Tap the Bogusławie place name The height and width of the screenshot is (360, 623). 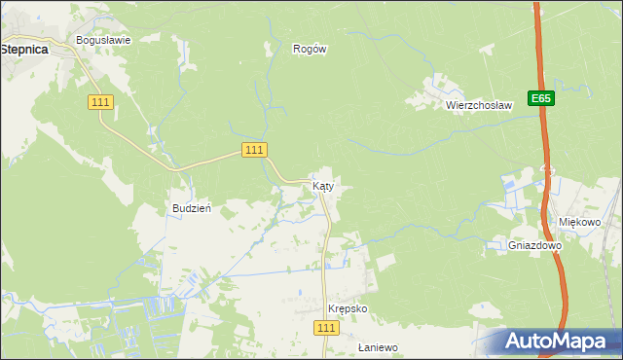tap(104, 41)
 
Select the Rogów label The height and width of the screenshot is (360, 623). tap(309, 48)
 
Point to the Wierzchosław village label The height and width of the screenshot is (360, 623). tap(479, 105)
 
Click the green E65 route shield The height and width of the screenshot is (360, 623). tap(542, 98)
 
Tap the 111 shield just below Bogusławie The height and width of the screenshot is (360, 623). tap(100, 102)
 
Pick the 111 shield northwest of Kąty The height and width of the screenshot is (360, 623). tap(254, 149)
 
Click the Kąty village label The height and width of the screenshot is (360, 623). tap(324, 186)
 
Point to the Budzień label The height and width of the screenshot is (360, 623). tap(192, 208)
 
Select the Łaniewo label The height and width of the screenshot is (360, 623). tap(378, 346)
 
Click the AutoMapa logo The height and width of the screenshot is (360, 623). tap(556, 342)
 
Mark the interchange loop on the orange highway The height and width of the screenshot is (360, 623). tap(548, 172)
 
